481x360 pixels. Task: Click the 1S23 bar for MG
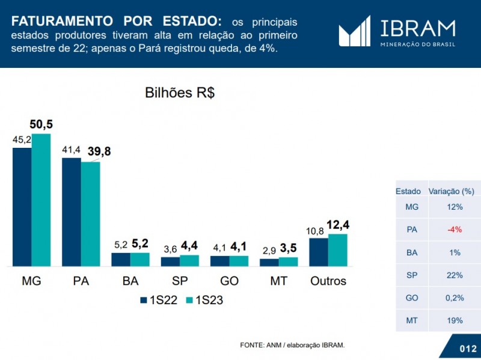[x=41, y=200]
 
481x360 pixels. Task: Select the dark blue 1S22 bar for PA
[x=71, y=212]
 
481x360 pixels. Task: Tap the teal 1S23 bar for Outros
[x=338, y=250]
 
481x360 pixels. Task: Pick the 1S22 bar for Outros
[x=319, y=252]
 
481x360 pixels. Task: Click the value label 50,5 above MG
[x=41, y=124]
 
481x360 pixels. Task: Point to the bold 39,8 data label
[x=99, y=152]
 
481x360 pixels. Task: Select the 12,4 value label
[x=338, y=225]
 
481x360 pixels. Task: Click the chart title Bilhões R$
[x=180, y=93]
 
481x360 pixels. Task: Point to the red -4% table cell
[x=455, y=230]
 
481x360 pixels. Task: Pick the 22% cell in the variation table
[x=455, y=275]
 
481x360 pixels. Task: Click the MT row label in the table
[x=412, y=320]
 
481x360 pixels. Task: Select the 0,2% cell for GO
[x=455, y=298]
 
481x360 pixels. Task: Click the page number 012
[x=468, y=349]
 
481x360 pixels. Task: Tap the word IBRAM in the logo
[x=418, y=28]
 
